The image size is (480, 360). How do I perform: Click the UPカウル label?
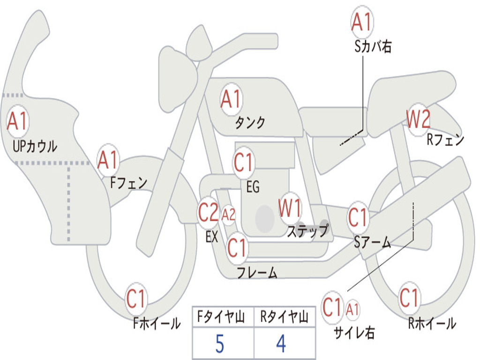click(35, 146)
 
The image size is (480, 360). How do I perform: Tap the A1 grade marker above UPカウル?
click(17, 121)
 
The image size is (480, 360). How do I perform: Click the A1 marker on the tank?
click(231, 99)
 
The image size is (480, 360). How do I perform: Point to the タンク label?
click(250, 122)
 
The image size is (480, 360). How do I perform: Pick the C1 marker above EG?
click(244, 162)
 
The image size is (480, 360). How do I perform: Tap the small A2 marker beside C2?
click(228, 215)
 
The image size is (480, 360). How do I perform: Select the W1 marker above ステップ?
click(290, 208)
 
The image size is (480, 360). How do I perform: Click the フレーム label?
click(257, 272)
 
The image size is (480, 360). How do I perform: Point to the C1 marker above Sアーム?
click(358, 217)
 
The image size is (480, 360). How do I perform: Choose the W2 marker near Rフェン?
click(418, 120)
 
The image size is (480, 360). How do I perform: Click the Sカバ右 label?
click(373, 47)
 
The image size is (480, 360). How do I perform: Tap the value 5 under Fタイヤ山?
click(220, 344)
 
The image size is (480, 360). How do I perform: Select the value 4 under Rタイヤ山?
click(281, 344)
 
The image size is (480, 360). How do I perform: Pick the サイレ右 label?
click(354, 332)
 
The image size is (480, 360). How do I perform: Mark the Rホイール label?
click(432, 323)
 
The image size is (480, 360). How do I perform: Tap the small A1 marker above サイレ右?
click(352, 309)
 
